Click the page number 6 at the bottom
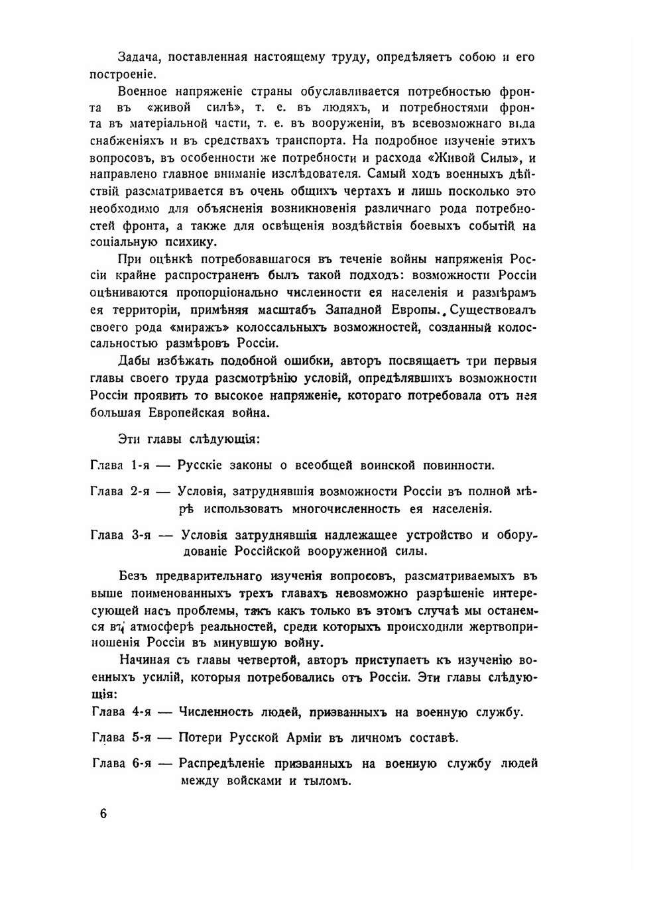[103, 814]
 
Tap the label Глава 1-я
[119, 465]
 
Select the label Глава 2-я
[119, 491]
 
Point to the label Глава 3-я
[121, 535]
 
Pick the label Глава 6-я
[121, 763]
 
